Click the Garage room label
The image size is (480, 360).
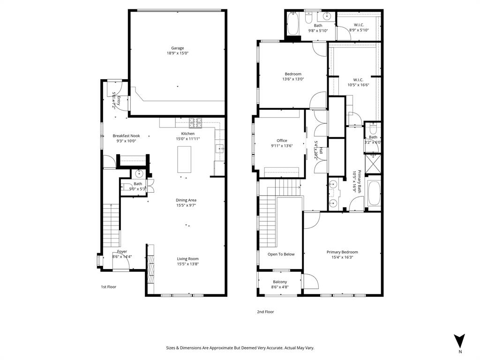pyautogui.click(x=177, y=48)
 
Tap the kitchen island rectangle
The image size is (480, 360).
pyautogui.click(x=185, y=159)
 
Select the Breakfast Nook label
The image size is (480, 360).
pyautogui.click(x=126, y=136)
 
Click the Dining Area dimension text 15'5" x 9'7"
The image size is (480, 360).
pyautogui.click(x=186, y=205)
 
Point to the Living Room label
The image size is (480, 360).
pyautogui.click(x=187, y=259)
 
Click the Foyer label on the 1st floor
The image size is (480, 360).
pyautogui.click(x=122, y=252)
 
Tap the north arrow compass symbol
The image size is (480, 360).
pyautogui.click(x=460, y=340)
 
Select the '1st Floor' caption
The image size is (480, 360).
pyautogui.click(x=108, y=286)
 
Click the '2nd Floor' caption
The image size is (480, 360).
pyautogui.click(x=265, y=312)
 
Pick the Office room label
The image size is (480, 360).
pyautogui.click(x=282, y=141)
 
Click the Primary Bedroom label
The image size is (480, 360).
pyautogui.click(x=342, y=252)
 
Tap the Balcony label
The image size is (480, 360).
pyautogui.click(x=280, y=282)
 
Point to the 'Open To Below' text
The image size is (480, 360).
pyautogui.click(x=281, y=254)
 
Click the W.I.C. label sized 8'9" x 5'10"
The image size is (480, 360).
pyautogui.click(x=359, y=25)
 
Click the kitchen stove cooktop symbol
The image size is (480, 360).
pyautogui.click(x=195, y=123)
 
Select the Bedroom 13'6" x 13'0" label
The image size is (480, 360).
pyautogui.click(x=293, y=74)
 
